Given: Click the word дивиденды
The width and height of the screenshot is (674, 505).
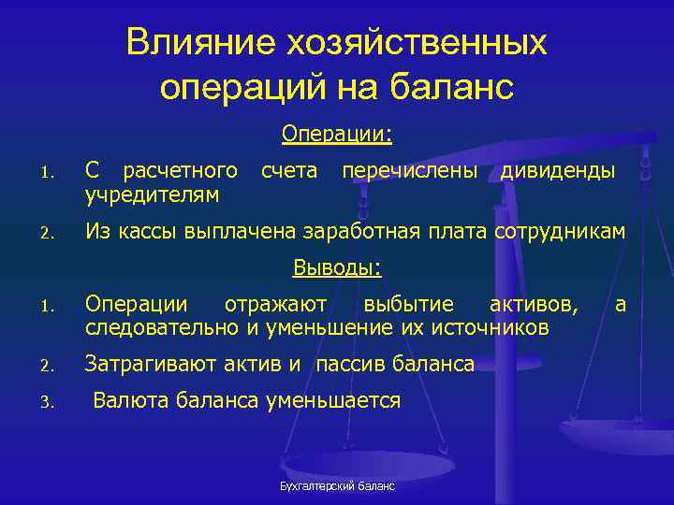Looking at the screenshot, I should tap(558, 171).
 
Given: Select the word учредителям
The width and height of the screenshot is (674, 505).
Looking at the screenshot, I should tap(153, 195).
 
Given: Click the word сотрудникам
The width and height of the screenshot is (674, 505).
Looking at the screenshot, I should tap(558, 231).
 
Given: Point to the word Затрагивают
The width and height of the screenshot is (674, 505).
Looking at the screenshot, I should tap(151, 365).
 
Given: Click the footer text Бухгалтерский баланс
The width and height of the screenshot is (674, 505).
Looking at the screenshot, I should tap(337, 487).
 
